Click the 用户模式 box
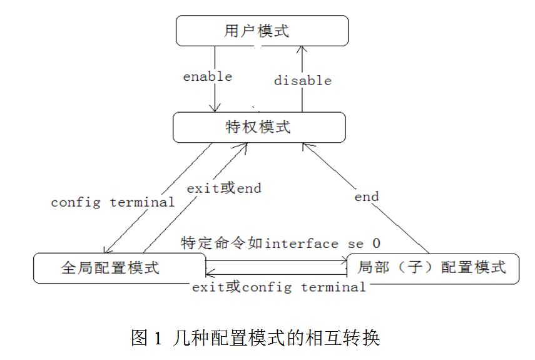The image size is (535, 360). (261, 31)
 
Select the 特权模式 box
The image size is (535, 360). (259, 127)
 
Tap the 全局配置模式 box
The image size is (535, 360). (120, 267)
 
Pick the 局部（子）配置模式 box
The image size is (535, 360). (432, 267)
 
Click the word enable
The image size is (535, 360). (207, 76)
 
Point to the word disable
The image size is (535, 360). (302, 80)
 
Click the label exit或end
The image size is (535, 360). (223, 187)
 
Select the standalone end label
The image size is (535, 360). (366, 197)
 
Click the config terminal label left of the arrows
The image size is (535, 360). (113, 202)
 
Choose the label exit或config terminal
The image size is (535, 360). (278, 287)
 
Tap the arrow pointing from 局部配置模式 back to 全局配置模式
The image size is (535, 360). (275, 272)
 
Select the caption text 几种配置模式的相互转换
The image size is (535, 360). (275, 339)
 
